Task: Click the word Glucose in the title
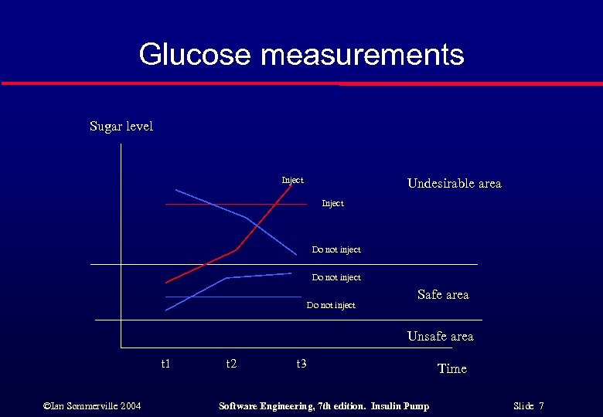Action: point(196,55)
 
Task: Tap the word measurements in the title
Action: point(362,55)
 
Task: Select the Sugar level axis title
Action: point(121,127)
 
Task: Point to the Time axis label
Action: point(452,369)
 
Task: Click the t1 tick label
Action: point(165,363)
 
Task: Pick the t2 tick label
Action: point(231,363)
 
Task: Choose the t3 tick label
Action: point(301,363)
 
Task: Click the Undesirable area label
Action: point(454,184)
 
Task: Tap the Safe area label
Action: point(442,294)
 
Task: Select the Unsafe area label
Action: point(440,337)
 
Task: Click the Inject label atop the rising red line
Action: point(292,180)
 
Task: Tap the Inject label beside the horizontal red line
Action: point(332,203)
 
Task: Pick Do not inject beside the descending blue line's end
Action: point(336,249)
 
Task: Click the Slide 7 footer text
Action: point(529,406)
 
